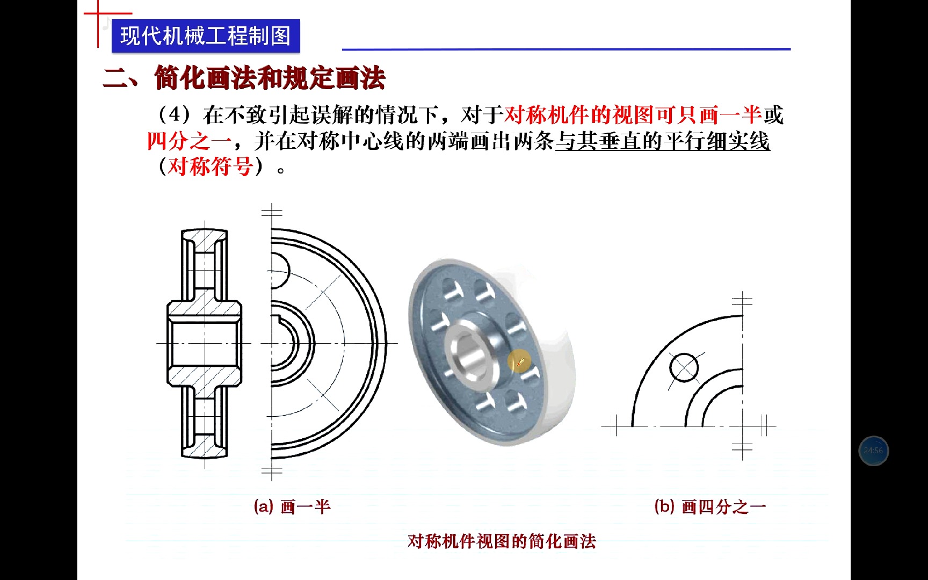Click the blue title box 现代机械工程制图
point(205,36)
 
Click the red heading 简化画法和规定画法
point(270,78)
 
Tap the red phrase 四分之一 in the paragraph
point(189,142)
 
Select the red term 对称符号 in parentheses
point(211,167)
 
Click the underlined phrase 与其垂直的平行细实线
point(662,142)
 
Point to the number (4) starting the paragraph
point(175,115)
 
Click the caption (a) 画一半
point(292,506)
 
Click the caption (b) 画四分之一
point(710,506)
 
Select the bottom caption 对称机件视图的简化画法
point(502,541)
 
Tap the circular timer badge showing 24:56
point(873,451)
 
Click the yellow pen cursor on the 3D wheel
point(519,363)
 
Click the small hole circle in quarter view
point(684,368)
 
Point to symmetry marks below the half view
point(272,472)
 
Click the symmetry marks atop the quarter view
point(742,301)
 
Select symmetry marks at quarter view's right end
point(766,426)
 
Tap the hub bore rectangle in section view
point(204,343)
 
